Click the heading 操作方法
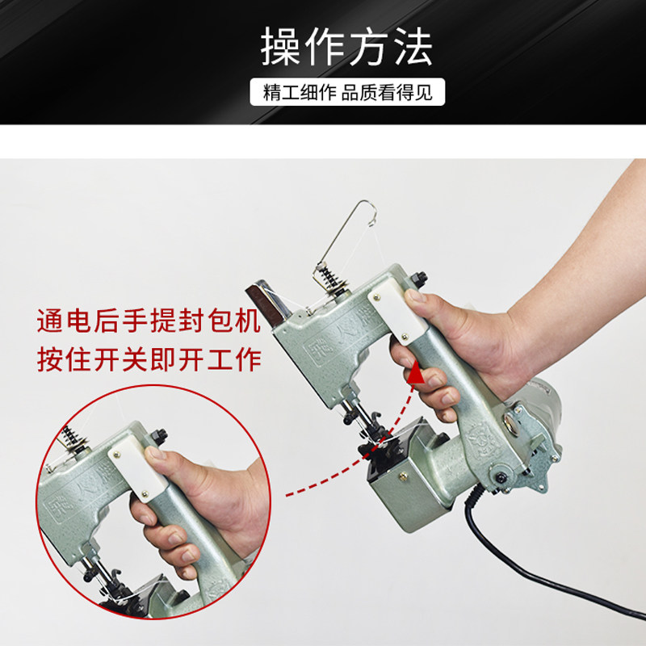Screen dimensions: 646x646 pyautogui.click(x=346, y=47)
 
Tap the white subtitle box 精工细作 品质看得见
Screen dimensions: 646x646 pyautogui.click(x=347, y=92)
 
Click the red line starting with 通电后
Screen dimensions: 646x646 pyautogui.click(x=149, y=321)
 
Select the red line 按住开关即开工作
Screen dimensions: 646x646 pyautogui.click(x=149, y=359)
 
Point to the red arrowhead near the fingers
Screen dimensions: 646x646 pyautogui.click(x=415, y=373)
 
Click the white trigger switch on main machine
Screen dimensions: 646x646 pyautogui.click(x=396, y=314)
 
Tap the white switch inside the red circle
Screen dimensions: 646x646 pyautogui.click(x=137, y=473)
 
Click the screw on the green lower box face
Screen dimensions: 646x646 pyautogui.click(x=403, y=477)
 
